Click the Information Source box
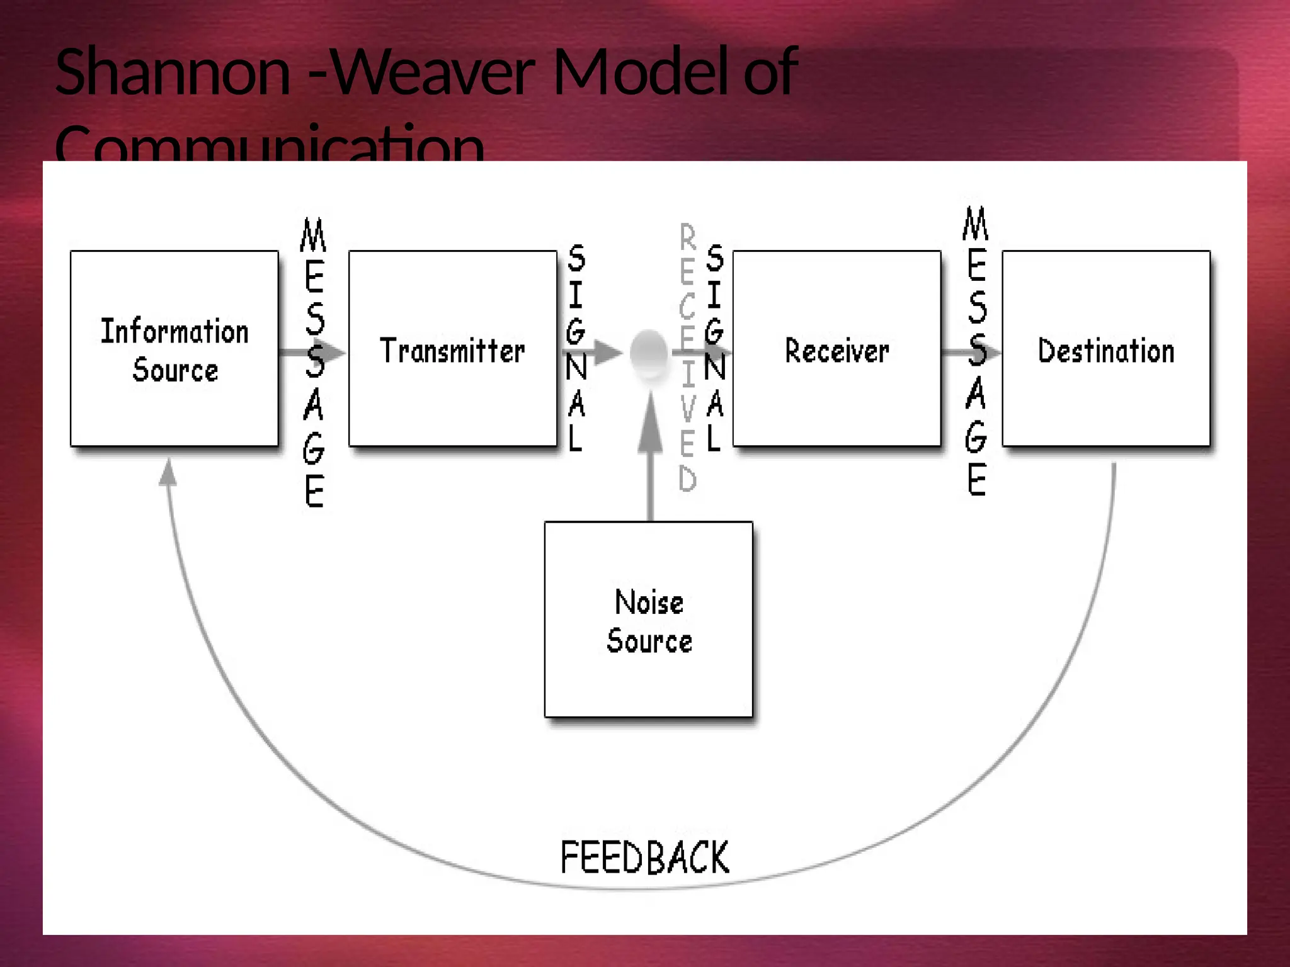coord(174,349)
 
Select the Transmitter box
coord(452,349)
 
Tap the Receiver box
coord(836,349)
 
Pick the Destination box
coord(1106,349)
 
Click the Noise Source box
coord(649,619)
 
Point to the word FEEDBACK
coord(644,857)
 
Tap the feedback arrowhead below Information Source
coord(168,472)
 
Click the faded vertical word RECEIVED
coord(688,358)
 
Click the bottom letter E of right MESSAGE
coord(976,480)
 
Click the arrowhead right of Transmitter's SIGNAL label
coord(607,353)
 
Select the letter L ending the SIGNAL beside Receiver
coord(713,438)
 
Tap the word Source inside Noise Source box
coord(649,641)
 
